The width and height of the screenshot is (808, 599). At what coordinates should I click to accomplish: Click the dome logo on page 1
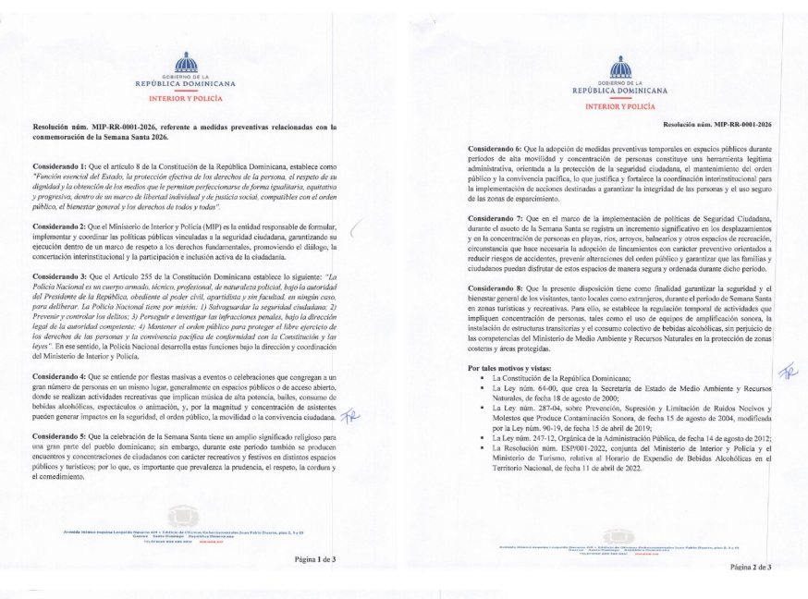186,62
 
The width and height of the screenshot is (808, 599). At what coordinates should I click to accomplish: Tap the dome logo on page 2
620,67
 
